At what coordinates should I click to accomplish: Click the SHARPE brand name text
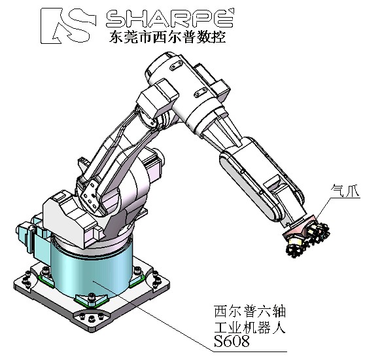coord(170,18)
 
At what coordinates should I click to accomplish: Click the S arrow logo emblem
coord(69,26)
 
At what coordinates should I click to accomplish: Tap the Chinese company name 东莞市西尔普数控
coord(167,37)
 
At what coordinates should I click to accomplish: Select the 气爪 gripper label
coord(345,190)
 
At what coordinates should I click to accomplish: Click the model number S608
coord(232,341)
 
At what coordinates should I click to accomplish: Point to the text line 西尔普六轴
coord(250,311)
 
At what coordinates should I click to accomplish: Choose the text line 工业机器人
coord(250,327)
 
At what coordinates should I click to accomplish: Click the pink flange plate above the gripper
coord(300,226)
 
